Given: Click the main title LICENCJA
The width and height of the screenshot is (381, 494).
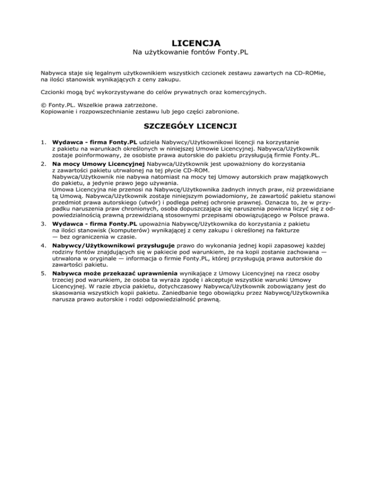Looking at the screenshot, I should [190, 43].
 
